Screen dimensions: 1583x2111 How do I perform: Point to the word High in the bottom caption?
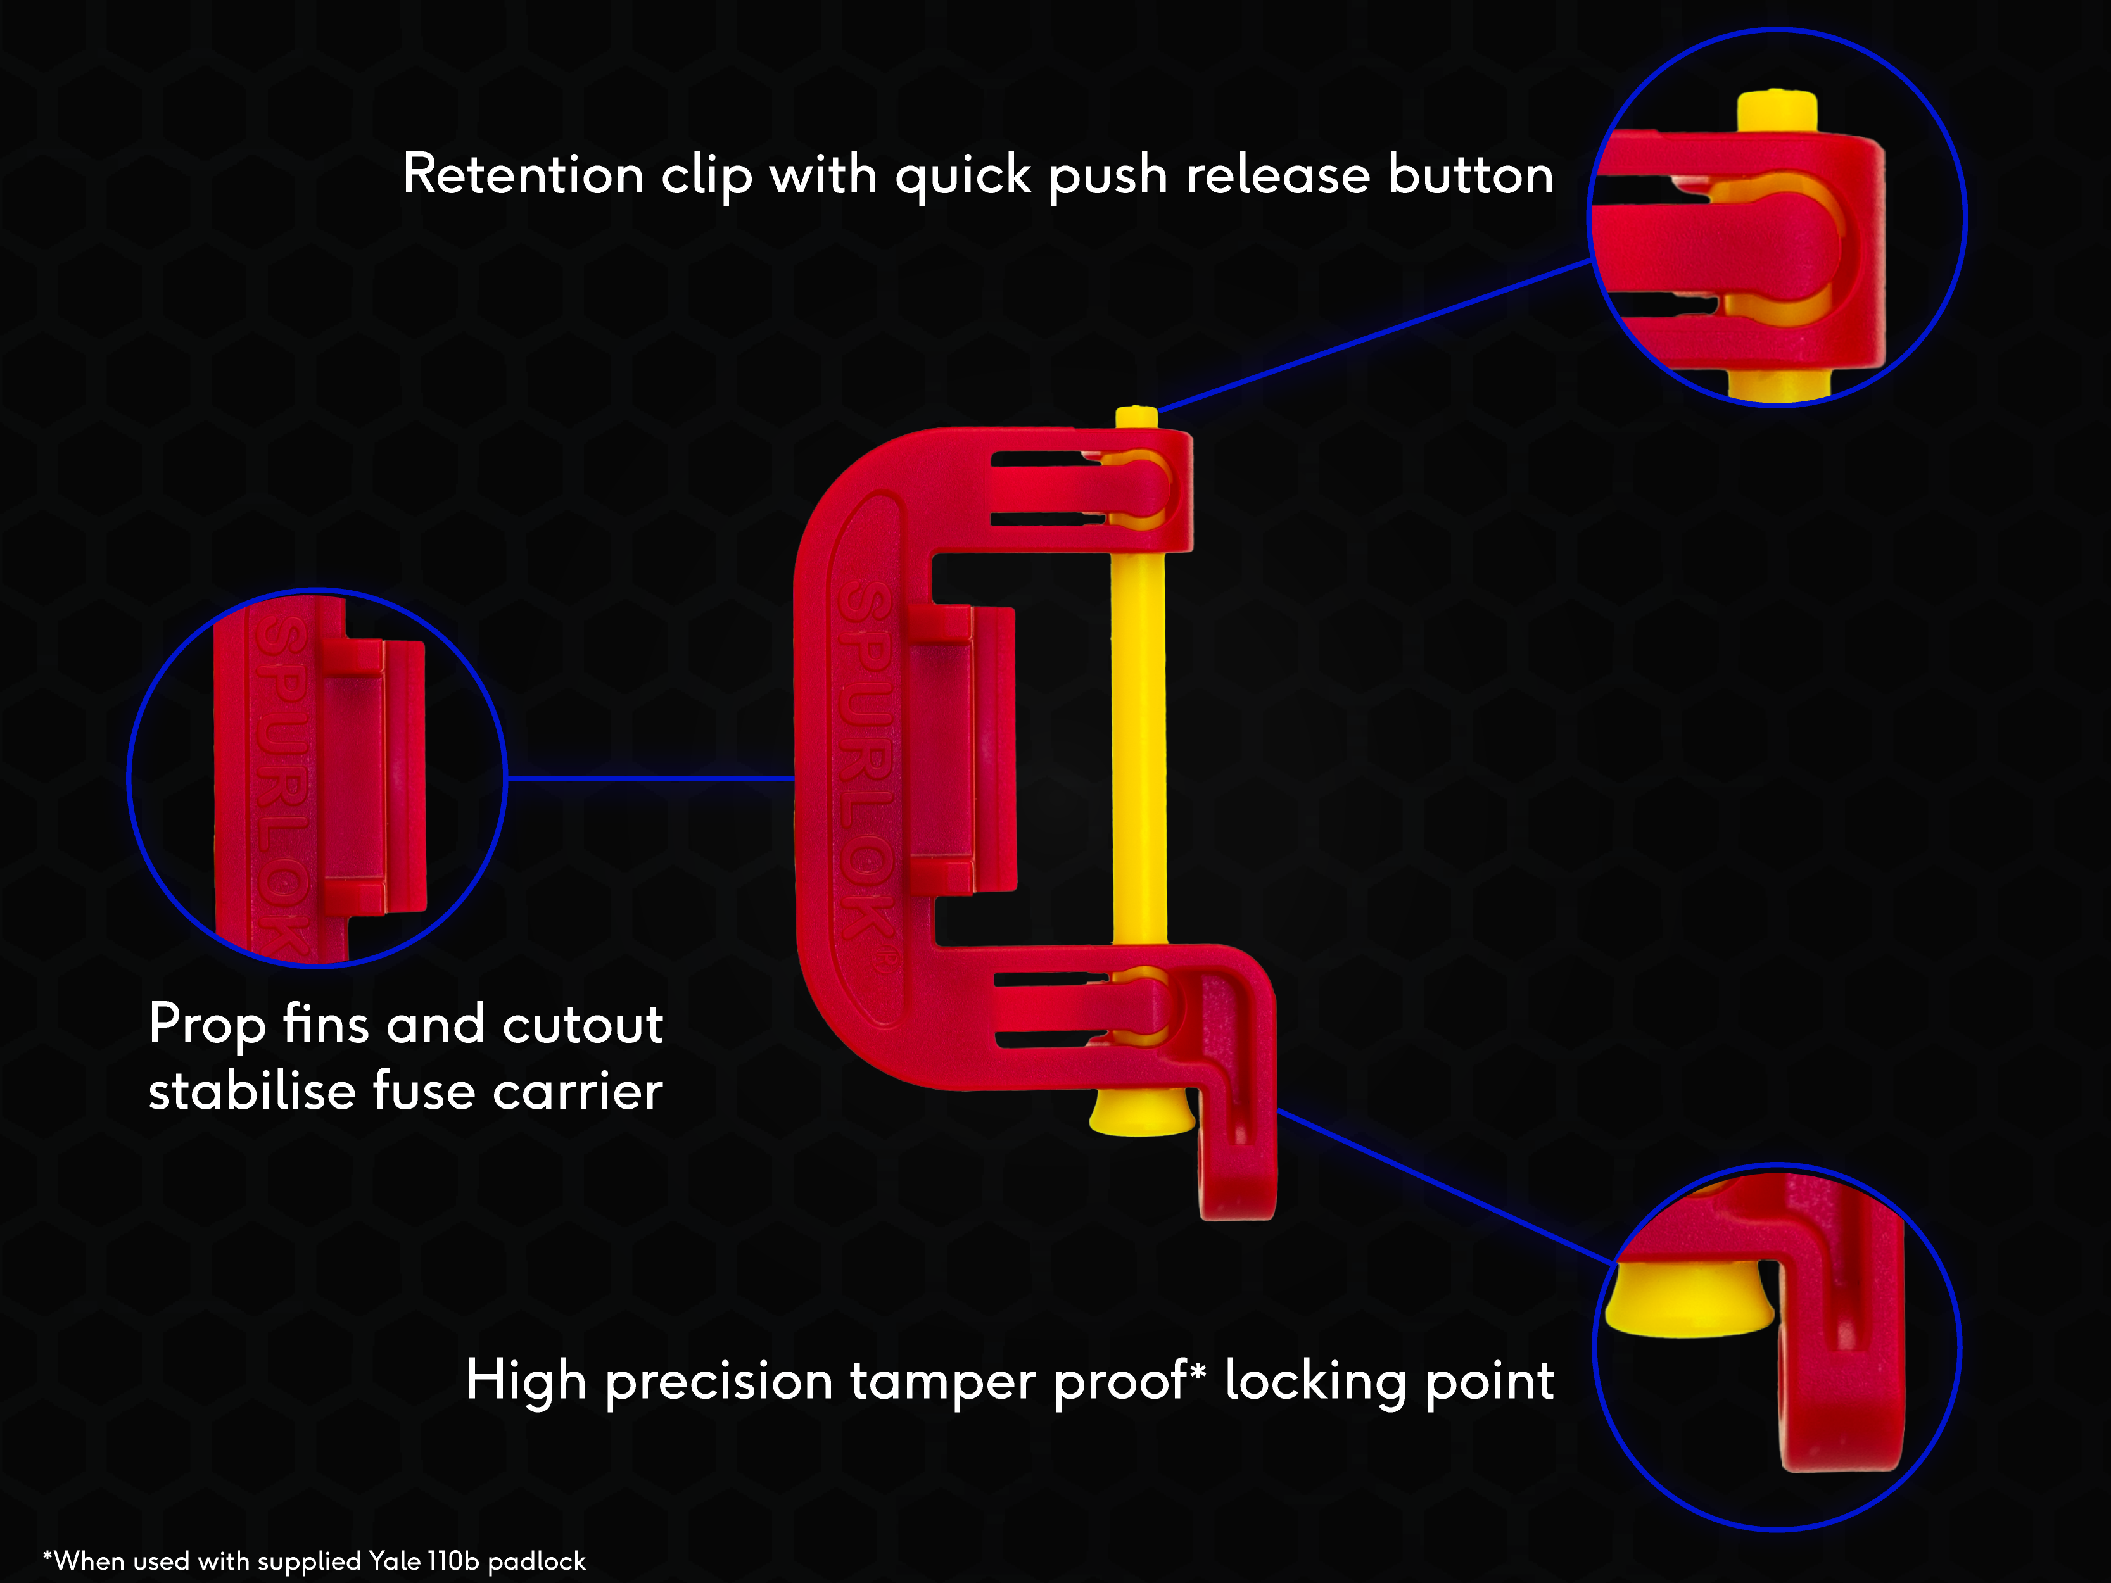tap(525, 1381)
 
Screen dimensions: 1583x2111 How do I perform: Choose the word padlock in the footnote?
tap(536, 1561)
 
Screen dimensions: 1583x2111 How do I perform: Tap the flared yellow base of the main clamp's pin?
tap(1141, 1114)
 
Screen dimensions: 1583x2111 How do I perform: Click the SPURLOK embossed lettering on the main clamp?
tap(866, 764)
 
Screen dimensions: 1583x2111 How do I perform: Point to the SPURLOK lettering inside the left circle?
tap(282, 783)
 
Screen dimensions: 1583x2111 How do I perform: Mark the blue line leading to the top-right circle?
tap(1374, 334)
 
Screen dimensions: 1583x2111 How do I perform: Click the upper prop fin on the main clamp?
tap(940, 623)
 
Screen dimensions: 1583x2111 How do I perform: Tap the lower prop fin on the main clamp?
tap(940, 876)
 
